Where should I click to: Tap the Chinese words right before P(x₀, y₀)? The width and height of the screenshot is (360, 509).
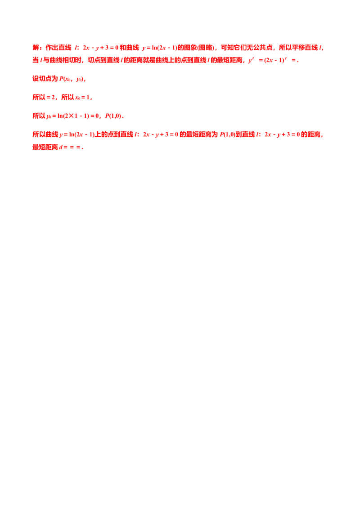tap(45, 79)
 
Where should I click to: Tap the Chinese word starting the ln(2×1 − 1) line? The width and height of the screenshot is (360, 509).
tap(37, 117)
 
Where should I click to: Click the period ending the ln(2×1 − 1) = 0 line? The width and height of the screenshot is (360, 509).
tap(124, 117)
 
